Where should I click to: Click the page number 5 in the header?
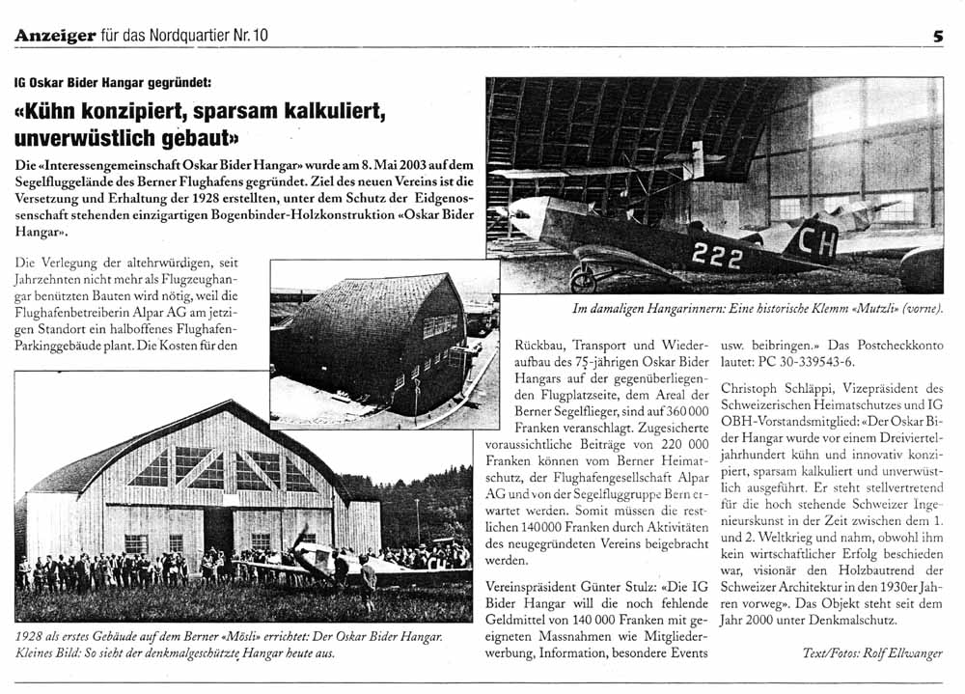click(x=937, y=36)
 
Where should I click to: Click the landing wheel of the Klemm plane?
click(x=583, y=280)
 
